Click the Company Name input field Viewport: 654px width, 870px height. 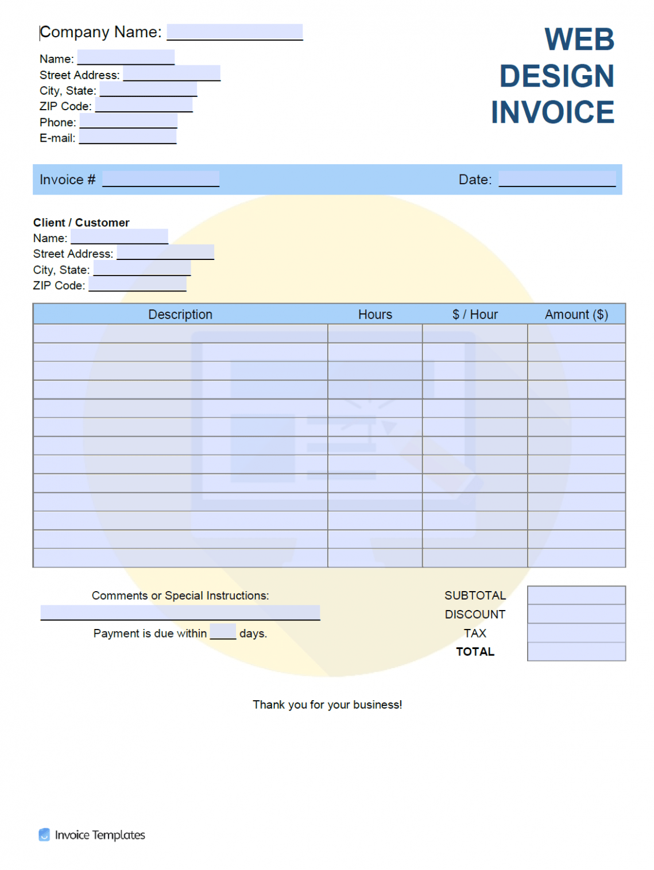234,32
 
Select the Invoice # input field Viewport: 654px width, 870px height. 160,179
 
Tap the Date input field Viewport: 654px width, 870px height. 556,179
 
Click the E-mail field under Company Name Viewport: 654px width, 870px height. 127,137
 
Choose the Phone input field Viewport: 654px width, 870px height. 128,121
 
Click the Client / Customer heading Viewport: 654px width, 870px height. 81,222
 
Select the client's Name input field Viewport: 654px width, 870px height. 119,236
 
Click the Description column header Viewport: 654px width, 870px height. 180,314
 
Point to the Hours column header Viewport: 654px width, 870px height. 375,314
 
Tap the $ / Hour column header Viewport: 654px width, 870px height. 474,314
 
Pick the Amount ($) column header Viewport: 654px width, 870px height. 576,314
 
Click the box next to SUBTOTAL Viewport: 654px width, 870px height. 576,595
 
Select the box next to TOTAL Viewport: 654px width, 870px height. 576,652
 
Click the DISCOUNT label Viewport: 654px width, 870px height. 475,615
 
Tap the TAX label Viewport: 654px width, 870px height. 475,634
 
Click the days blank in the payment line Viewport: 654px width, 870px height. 223,632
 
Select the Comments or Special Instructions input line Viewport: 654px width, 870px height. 180,613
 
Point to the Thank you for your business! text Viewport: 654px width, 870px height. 327,705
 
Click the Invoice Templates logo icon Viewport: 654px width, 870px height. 44,835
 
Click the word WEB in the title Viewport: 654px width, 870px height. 579,40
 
